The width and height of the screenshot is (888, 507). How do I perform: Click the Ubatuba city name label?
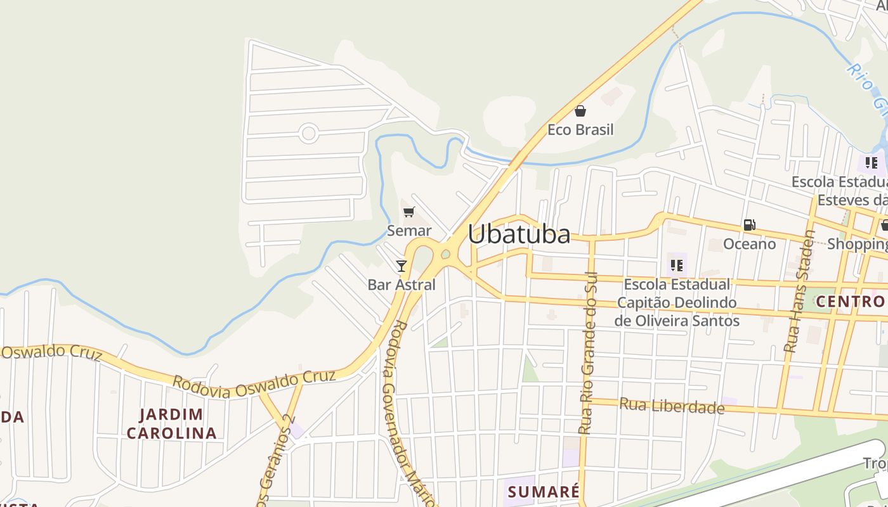pyautogui.click(x=519, y=234)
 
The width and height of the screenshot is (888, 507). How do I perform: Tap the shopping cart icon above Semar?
pyautogui.click(x=409, y=212)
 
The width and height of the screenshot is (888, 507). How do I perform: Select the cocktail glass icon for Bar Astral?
pyautogui.click(x=401, y=266)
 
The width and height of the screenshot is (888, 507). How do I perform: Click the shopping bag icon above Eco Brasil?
pyautogui.click(x=580, y=112)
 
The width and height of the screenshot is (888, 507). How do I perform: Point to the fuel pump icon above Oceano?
pyautogui.click(x=749, y=225)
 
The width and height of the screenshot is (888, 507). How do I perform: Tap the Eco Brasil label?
pyautogui.click(x=580, y=130)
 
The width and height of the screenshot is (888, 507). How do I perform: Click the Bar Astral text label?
pyautogui.click(x=402, y=285)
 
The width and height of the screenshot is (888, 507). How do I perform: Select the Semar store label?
pyautogui.click(x=409, y=231)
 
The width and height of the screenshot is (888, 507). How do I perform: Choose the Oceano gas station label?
pyautogui.click(x=749, y=244)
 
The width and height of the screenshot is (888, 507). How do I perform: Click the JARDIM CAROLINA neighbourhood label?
pyautogui.click(x=171, y=424)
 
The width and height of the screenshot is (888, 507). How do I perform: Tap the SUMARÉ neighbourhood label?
pyautogui.click(x=544, y=492)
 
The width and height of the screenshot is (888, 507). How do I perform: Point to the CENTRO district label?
pyautogui.click(x=850, y=301)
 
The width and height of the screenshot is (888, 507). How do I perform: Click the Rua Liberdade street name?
pyautogui.click(x=672, y=405)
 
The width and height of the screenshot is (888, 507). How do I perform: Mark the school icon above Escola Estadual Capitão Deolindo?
pyautogui.click(x=676, y=265)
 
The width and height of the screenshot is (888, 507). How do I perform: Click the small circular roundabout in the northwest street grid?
pyautogui.click(x=308, y=133)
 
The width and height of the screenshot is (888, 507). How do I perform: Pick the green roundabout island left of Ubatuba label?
pyautogui.click(x=445, y=255)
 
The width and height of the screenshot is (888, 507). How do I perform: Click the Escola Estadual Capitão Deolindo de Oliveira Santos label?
pyautogui.click(x=677, y=302)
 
